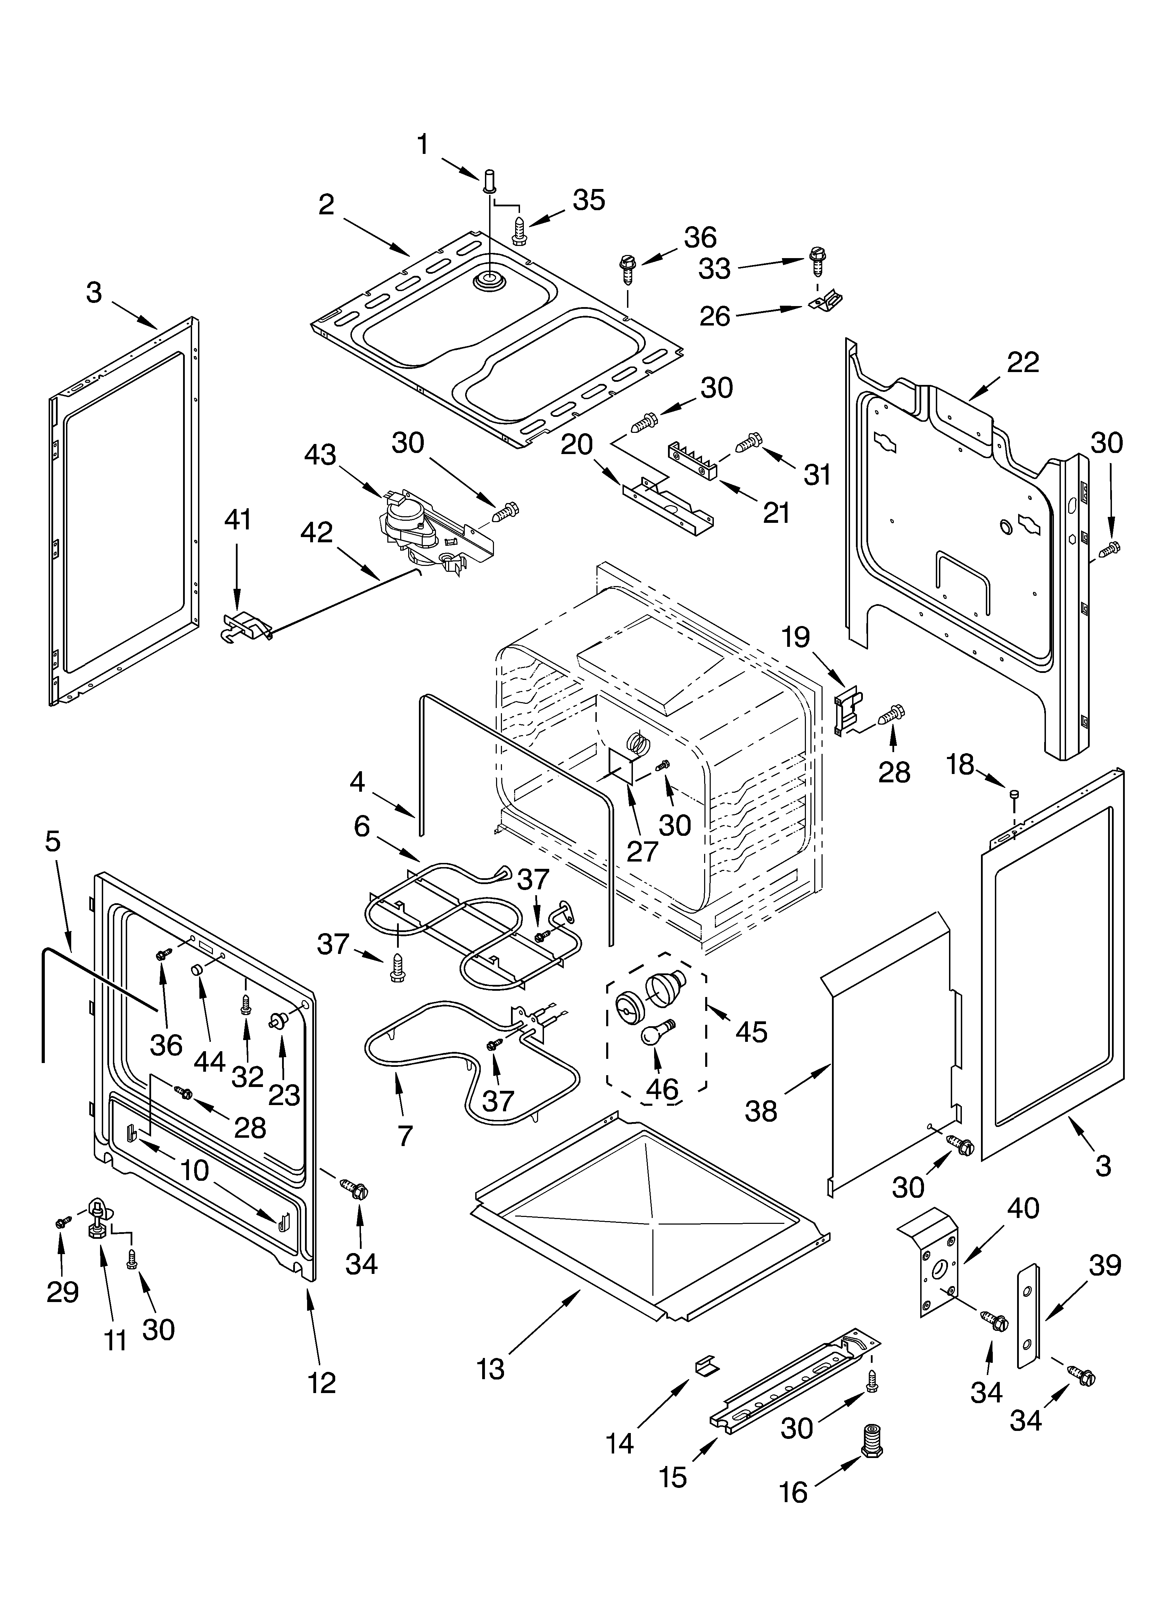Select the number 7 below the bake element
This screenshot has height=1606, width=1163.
click(404, 1136)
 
